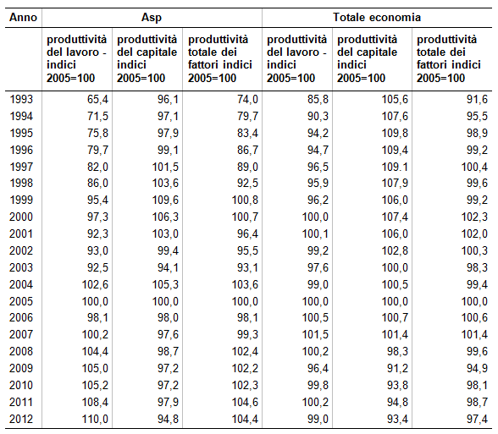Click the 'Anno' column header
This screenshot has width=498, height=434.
click(x=23, y=17)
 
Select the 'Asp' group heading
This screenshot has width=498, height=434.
click(x=152, y=18)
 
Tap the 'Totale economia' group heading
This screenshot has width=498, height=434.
click(x=377, y=17)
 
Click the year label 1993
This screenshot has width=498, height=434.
click(x=21, y=99)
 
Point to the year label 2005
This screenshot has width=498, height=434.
click(x=21, y=301)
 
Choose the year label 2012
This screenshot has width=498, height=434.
click(x=21, y=419)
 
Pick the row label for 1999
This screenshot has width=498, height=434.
click(x=21, y=200)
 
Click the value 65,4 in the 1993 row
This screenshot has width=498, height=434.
click(x=98, y=99)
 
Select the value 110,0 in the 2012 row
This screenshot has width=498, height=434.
click(x=95, y=419)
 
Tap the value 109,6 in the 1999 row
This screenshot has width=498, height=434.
click(x=165, y=200)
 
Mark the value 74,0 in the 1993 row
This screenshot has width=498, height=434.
click(x=247, y=99)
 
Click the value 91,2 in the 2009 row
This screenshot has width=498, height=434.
click(x=398, y=368)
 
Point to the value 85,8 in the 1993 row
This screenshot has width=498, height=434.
click(x=318, y=99)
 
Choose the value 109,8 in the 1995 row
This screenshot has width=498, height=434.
click(x=395, y=133)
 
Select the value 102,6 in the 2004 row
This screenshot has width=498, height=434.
click(x=95, y=284)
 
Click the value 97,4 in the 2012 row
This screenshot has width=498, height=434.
click(x=477, y=419)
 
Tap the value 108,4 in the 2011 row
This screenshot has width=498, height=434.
click(x=95, y=402)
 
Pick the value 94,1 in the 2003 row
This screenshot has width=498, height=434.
click(x=168, y=267)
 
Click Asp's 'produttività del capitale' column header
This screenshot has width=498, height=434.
click(x=147, y=58)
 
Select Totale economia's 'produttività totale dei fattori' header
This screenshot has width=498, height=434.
click(x=449, y=58)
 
